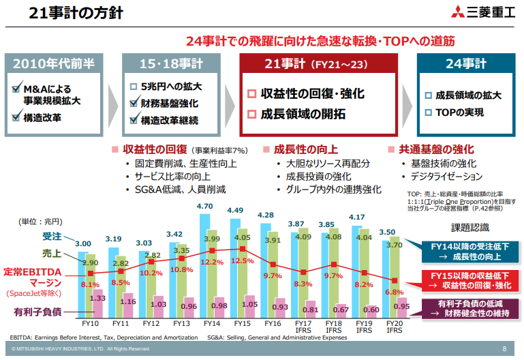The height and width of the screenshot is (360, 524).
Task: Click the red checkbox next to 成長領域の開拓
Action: pyautogui.click(x=251, y=114)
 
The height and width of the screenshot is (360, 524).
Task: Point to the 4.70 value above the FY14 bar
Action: pyautogui.click(x=204, y=206)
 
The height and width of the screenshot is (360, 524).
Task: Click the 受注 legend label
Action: pyautogui.click(x=52, y=237)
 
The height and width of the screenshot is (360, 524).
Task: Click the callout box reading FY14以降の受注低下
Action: pyautogui.click(x=461, y=251)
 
